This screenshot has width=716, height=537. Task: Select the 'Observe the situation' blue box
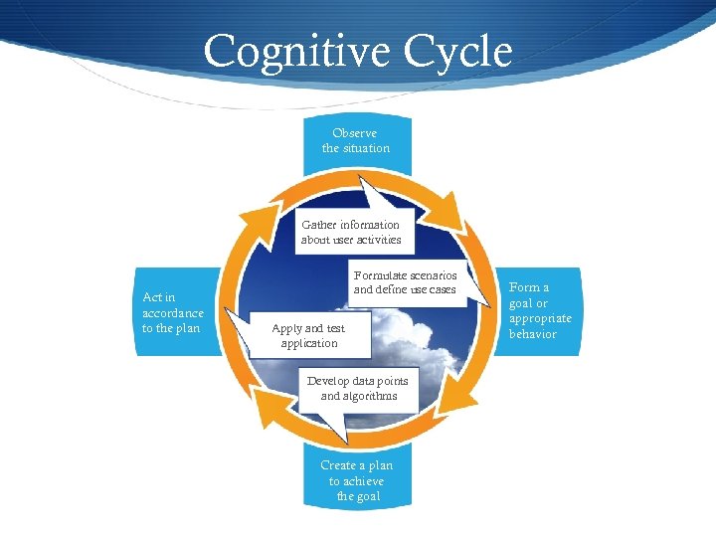[355, 140]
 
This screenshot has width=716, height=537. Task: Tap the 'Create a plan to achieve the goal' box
[355, 479]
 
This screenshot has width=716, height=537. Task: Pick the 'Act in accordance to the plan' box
[174, 312]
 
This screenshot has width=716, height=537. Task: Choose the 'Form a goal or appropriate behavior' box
[540, 310]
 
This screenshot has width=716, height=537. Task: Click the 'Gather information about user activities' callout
[351, 232]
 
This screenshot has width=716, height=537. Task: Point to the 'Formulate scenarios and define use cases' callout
[405, 282]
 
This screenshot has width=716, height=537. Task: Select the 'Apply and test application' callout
[309, 335]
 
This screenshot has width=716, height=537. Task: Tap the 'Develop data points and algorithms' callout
[358, 388]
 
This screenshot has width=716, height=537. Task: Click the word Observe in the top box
[355, 133]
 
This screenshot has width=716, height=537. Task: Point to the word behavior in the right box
[533, 334]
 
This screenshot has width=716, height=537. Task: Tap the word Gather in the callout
[319, 225]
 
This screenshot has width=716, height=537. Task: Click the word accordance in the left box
[173, 313]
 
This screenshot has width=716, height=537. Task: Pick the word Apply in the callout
[287, 328]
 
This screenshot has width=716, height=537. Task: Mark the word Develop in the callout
[329, 381]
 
